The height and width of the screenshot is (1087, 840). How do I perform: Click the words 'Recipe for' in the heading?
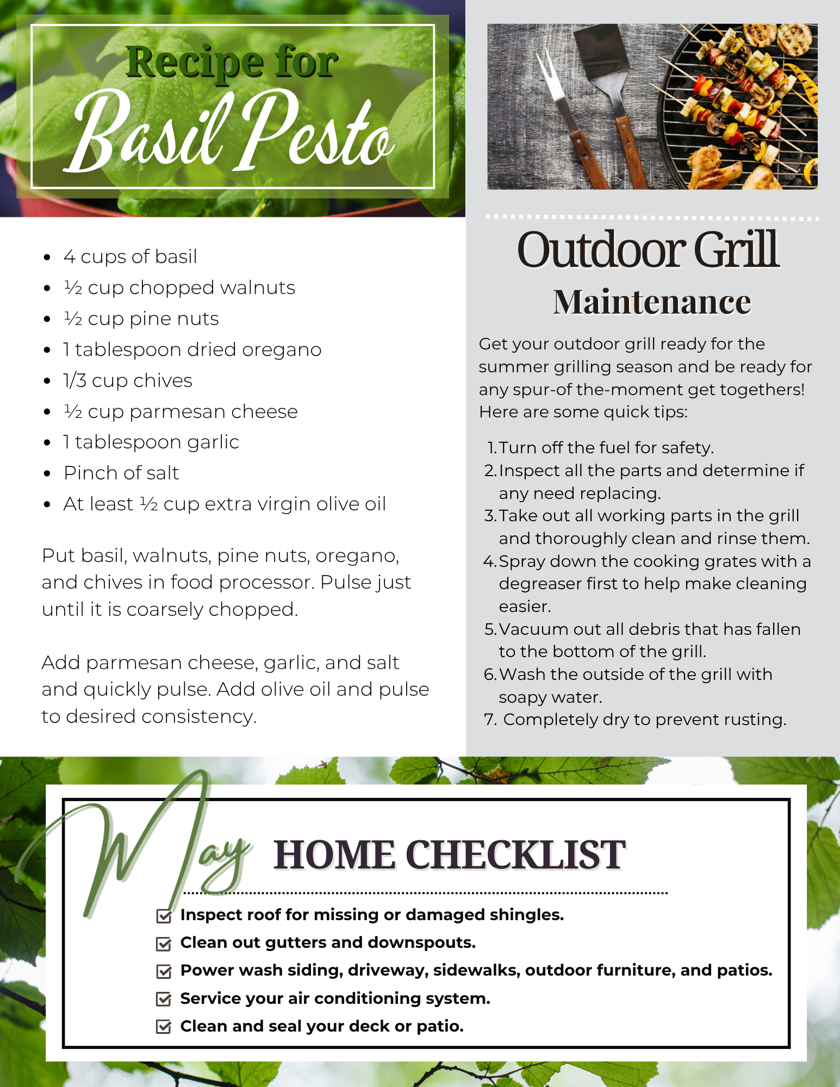point(232,62)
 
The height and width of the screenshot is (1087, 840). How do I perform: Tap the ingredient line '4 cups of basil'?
point(130,257)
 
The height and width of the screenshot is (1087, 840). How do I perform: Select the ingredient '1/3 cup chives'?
point(128,380)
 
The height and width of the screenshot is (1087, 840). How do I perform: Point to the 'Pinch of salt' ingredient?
point(121,473)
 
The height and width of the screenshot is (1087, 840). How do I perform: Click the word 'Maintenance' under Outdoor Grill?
point(652,302)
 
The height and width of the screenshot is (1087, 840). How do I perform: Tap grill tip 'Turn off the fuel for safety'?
point(606,447)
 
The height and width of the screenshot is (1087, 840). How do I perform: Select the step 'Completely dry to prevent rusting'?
point(645,719)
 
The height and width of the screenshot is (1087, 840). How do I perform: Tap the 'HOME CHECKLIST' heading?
point(450,854)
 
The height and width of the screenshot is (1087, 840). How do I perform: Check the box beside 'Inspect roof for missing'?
point(164,916)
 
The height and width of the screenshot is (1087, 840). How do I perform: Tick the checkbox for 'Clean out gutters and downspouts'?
point(164,944)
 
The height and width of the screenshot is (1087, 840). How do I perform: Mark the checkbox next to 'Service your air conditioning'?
point(164,999)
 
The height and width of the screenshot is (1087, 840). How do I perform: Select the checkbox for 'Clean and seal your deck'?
point(164,1027)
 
